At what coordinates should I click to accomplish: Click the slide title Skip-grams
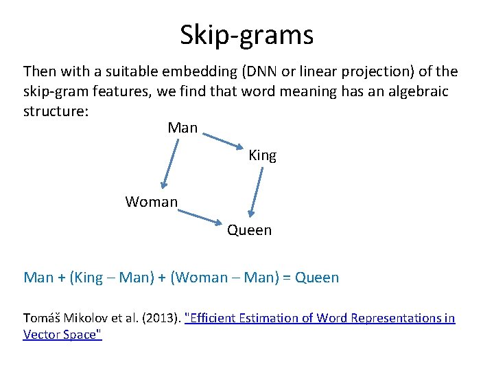(247, 34)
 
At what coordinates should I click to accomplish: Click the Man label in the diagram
(183, 128)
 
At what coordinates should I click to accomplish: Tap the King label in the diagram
(262, 155)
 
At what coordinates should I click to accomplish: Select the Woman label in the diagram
(151, 202)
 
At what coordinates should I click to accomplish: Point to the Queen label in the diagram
(249, 230)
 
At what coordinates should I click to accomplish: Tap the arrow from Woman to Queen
(200, 217)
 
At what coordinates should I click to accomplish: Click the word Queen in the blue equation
(316, 278)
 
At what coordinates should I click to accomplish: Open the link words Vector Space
(62, 335)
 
